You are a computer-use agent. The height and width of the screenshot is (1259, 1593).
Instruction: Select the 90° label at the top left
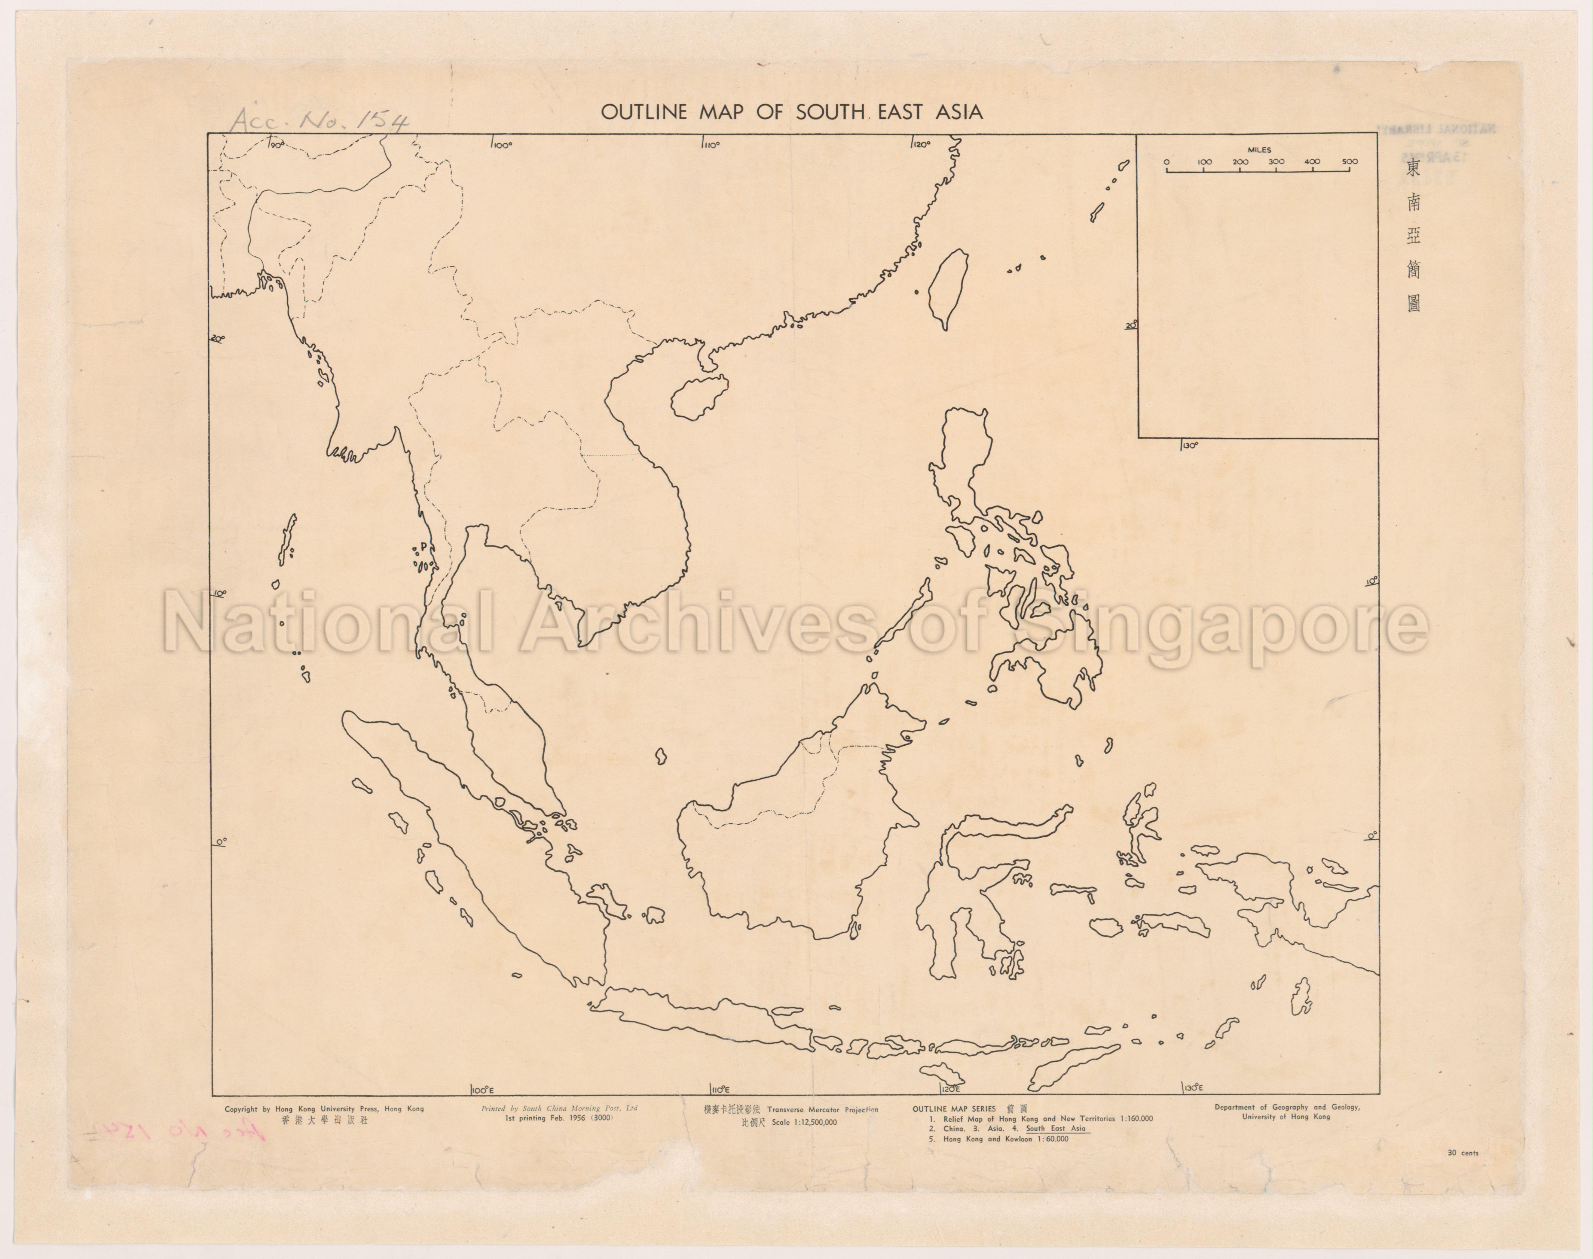277,144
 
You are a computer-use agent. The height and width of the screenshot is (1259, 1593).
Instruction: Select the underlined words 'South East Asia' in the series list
1056,1129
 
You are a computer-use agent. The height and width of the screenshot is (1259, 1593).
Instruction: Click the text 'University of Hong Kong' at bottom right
1286,1117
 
